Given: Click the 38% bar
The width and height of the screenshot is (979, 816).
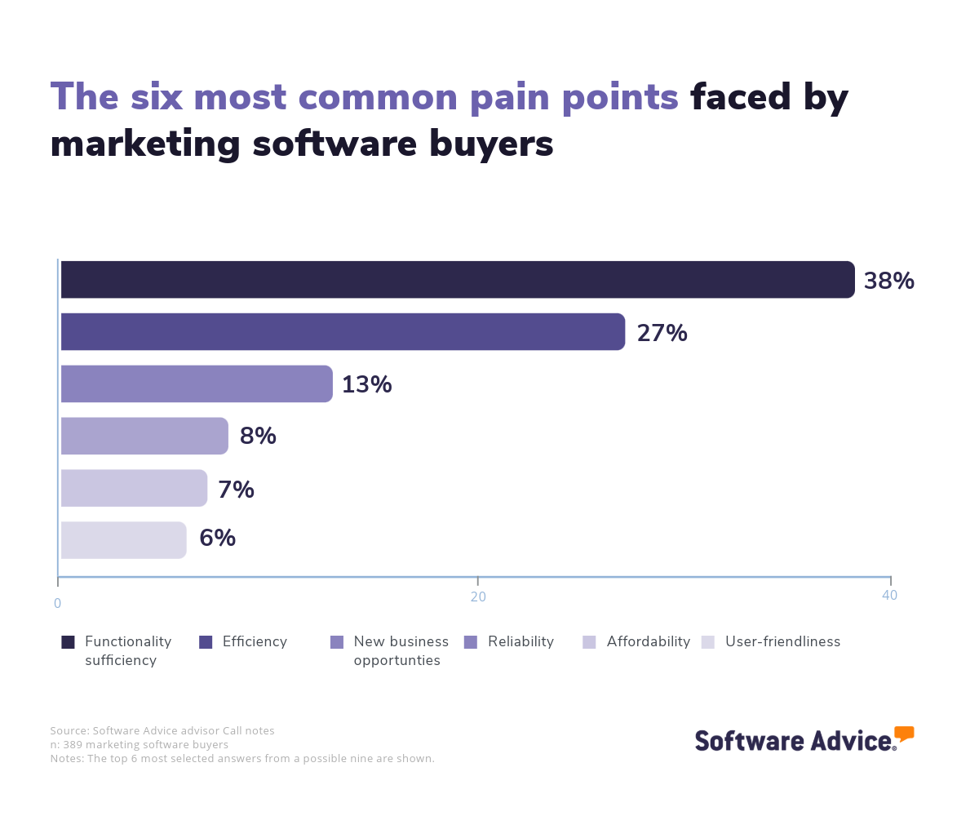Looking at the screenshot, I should (457, 280).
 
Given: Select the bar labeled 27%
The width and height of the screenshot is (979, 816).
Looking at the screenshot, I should (343, 332).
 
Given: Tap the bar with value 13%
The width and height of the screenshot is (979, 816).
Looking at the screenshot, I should (196, 384).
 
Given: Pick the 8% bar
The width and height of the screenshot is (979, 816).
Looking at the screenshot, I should (144, 436).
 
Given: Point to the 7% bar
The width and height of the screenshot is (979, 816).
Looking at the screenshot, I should (134, 488).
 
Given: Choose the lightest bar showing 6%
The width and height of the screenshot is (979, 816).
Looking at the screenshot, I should (123, 540).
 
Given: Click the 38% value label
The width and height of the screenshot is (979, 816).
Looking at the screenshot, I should (888, 282).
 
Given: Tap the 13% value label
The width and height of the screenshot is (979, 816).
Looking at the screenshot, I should (366, 384).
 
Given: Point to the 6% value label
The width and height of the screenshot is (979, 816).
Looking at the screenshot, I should (217, 539).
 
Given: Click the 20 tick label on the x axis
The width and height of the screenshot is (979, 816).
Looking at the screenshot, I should (478, 596).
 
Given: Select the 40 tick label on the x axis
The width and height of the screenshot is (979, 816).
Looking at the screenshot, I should (889, 596).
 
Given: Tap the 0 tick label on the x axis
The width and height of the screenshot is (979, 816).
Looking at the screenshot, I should (57, 604).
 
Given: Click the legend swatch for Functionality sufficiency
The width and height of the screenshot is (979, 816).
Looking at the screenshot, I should (68, 642).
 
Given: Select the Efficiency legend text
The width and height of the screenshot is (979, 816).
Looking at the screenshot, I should (255, 641).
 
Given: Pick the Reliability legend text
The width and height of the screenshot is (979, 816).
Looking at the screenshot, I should (521, 641).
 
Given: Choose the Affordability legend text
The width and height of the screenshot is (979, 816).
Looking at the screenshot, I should (648, 641).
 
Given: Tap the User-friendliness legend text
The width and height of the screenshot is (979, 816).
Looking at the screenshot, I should (782, 641).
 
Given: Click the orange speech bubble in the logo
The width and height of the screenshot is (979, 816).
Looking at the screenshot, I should (904, 733).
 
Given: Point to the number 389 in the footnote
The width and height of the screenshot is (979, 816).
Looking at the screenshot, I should (75, 744).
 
